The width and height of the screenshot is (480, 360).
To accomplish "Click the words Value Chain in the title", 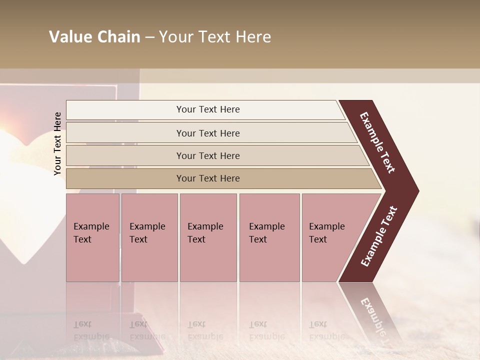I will click(94, 37).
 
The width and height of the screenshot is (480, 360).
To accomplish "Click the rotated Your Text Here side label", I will click(58, 143).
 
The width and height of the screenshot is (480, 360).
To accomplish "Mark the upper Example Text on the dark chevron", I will click(377, 142).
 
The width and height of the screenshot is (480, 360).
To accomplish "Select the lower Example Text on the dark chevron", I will click(379, 236).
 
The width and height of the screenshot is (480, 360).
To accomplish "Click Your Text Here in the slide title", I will click(215, 37).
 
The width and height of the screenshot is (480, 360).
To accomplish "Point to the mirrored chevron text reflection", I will click(372, 315).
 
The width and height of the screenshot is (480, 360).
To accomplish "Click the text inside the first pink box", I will click(91, 233).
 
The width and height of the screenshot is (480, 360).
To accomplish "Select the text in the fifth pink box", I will click(326, 233).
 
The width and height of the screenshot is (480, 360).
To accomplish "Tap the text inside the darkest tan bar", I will click(208, 178).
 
